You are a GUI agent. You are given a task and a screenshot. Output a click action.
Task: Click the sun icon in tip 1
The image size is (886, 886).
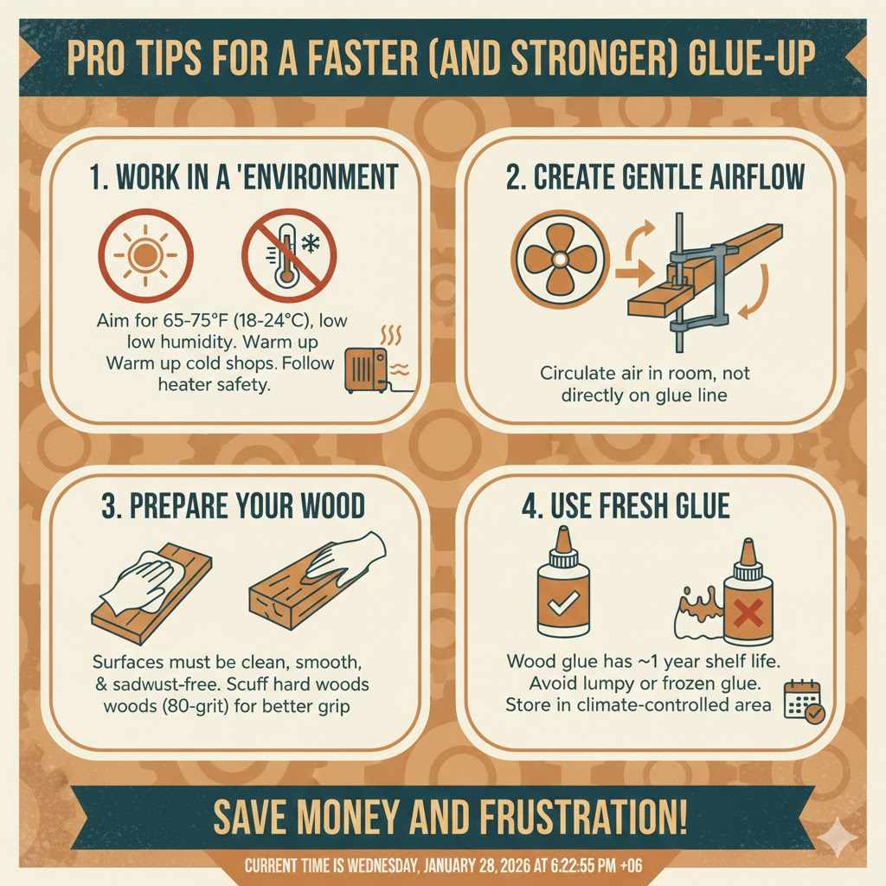[145, 254]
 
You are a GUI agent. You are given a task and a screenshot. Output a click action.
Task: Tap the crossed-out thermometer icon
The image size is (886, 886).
[288, 254]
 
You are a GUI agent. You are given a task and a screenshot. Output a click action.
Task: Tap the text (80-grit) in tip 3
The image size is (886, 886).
[180, 706]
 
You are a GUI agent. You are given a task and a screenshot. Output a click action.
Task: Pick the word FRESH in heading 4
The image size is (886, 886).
[609, 505]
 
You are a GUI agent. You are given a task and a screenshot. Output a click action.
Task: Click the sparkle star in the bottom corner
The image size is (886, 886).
[836, 834]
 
